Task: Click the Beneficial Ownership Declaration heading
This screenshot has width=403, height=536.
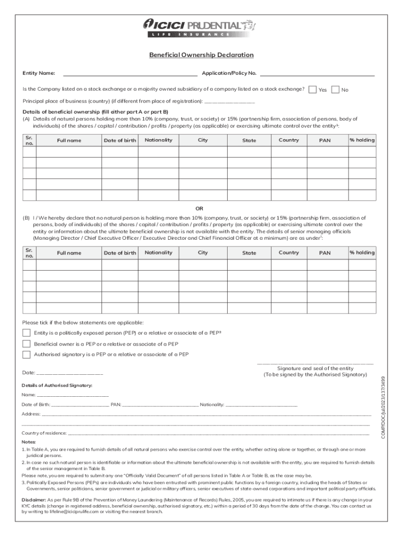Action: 201,55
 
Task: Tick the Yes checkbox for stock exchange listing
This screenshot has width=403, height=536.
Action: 312,90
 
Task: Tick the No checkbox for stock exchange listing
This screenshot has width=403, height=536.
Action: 335,90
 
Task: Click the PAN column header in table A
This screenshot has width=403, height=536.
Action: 325,140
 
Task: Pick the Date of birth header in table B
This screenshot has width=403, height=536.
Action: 120,253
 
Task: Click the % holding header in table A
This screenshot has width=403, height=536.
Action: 362,140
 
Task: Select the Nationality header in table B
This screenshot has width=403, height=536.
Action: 158,252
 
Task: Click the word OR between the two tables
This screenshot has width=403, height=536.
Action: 199,208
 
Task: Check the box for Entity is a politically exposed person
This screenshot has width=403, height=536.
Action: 26,333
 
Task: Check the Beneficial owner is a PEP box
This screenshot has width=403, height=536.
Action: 26,344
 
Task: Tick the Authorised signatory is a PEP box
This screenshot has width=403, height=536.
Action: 26,354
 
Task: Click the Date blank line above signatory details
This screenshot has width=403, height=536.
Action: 70,374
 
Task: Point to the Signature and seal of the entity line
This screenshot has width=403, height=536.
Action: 315,362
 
